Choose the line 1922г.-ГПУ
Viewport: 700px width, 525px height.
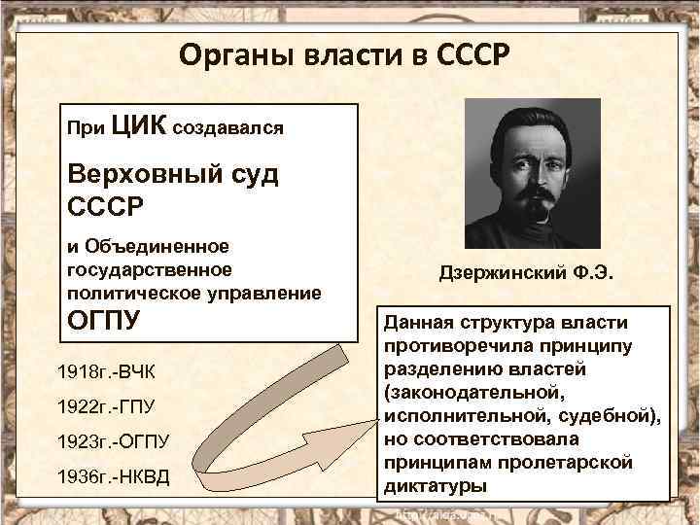pos(113,406)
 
